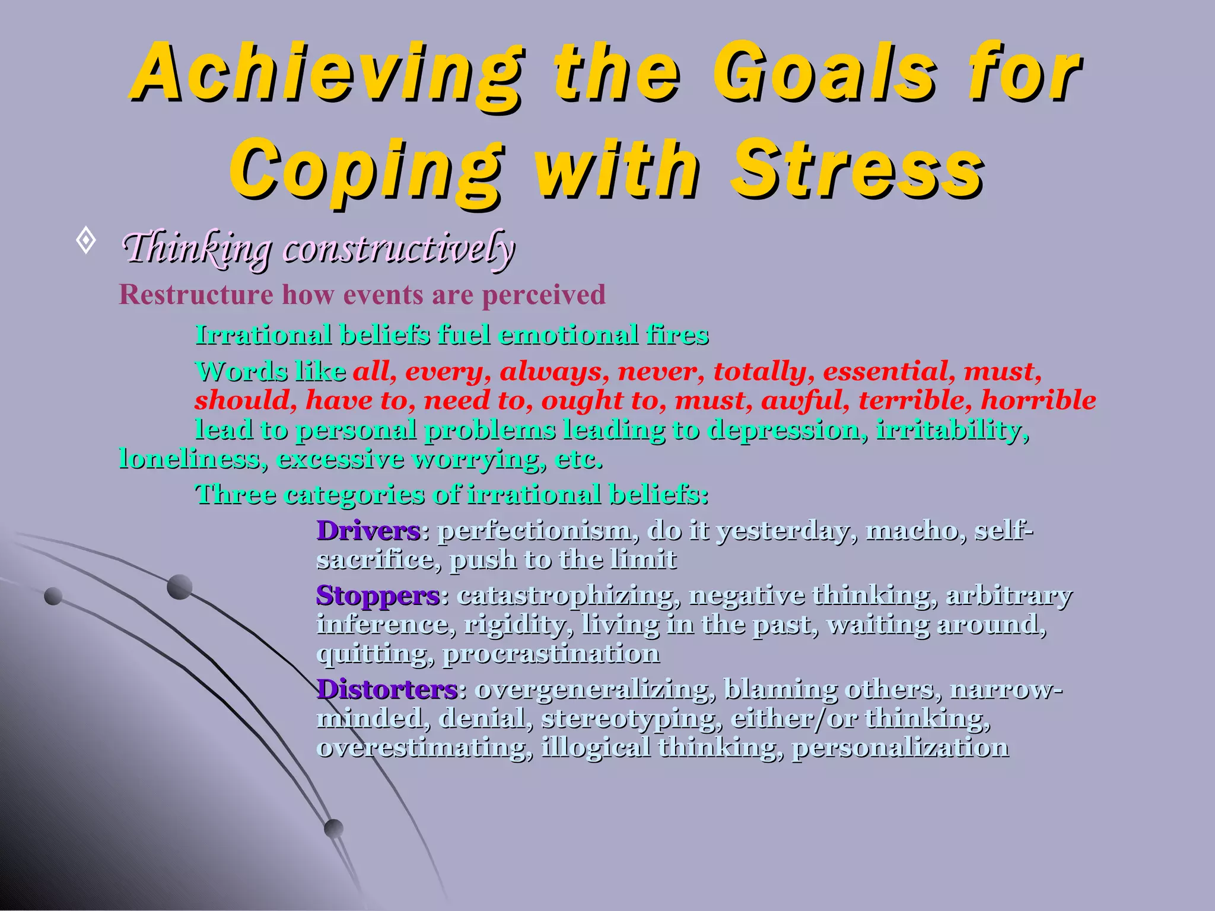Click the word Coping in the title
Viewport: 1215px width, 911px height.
[x=365, y=171]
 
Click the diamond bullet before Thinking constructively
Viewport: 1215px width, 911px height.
[x=87, y=241]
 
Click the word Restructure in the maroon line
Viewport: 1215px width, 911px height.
[x=196, y=295]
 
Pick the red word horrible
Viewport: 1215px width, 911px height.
[x=1038, y=400]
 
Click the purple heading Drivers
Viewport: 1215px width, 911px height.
[x=368, y=531]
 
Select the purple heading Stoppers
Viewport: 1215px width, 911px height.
[x=378, y=595]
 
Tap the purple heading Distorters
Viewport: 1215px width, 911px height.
[x=387, y=690]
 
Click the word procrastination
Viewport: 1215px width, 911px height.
[x=551, y=654]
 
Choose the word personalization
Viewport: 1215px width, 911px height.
[x=900, y=747]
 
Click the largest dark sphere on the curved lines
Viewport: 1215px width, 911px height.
[x=180, y=587]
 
